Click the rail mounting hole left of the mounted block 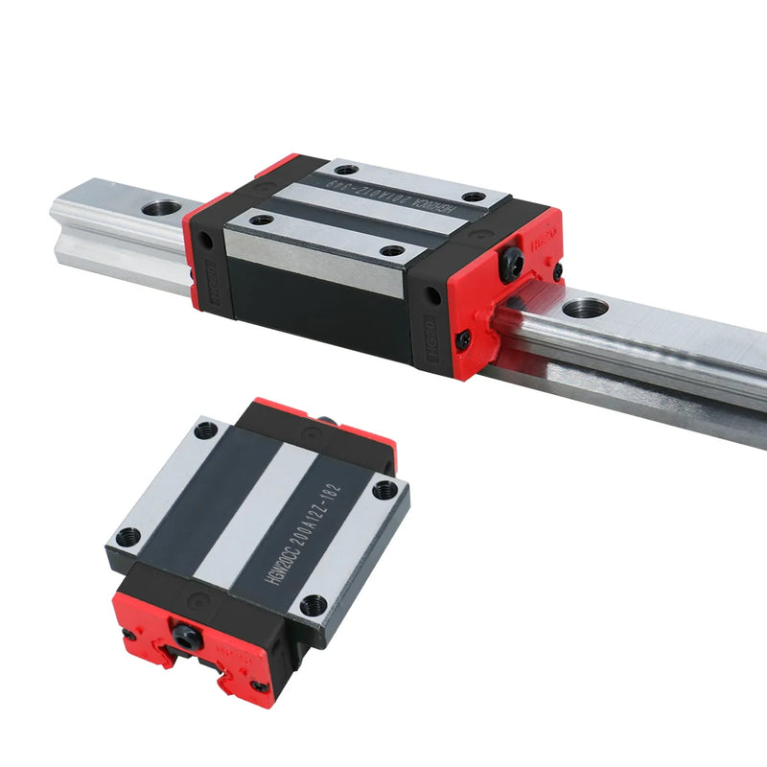pyautogui.click(x=162, y=206)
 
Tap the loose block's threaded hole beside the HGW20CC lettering pyautogui.click(x=314, y=605)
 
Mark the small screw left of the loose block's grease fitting pyautogui.click(x=128, y=634)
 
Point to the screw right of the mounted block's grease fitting pyautogui.click(x=557, y=272)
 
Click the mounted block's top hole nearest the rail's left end pyautogui.click(x=260, y=220)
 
